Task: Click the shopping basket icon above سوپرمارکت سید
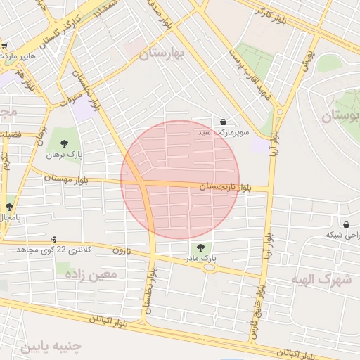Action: click(x=224, y=122)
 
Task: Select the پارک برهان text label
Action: click(x=64, y=154)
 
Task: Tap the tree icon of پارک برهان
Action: click(x=64, y=143)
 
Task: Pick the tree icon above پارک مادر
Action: click(x=201, y=247)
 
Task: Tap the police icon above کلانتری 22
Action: click(x=53, y=239)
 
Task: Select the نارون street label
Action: click(x=122, y=250)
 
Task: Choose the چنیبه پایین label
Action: click(x=51, y=347)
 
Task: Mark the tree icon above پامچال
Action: click(x=9, y=207)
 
